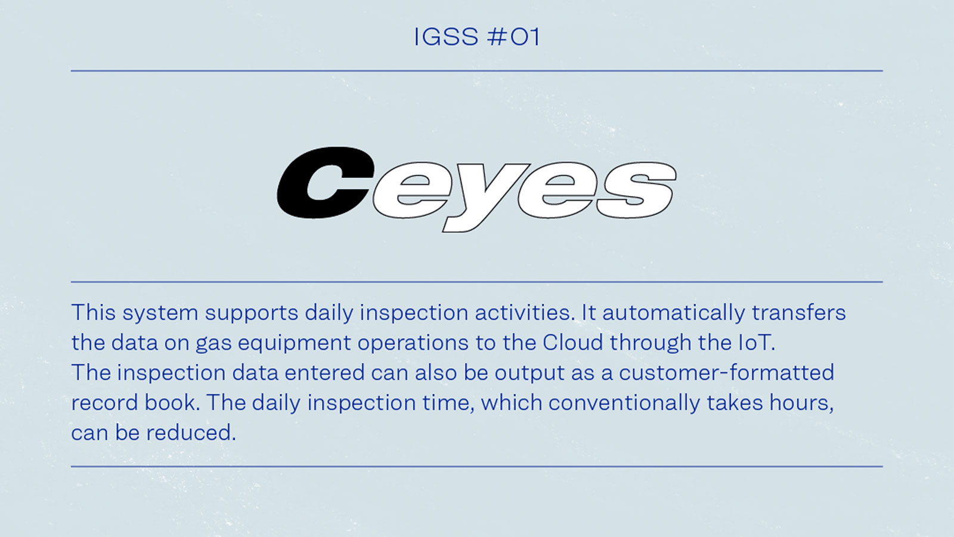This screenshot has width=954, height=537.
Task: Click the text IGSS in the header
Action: click(x=446, y=37)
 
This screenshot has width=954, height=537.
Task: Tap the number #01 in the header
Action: click(x=513, y=37)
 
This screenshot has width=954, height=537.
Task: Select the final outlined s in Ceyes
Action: click(x=636, y=190)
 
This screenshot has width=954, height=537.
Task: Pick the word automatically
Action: click(x=674, y=313)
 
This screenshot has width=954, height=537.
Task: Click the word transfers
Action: click(x=798, y=313)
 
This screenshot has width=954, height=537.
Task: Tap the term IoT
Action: click(x=755, y=342)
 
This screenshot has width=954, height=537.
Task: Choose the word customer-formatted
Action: click(x=726, y=373)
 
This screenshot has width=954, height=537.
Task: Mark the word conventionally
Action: click(x=624, y=403)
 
